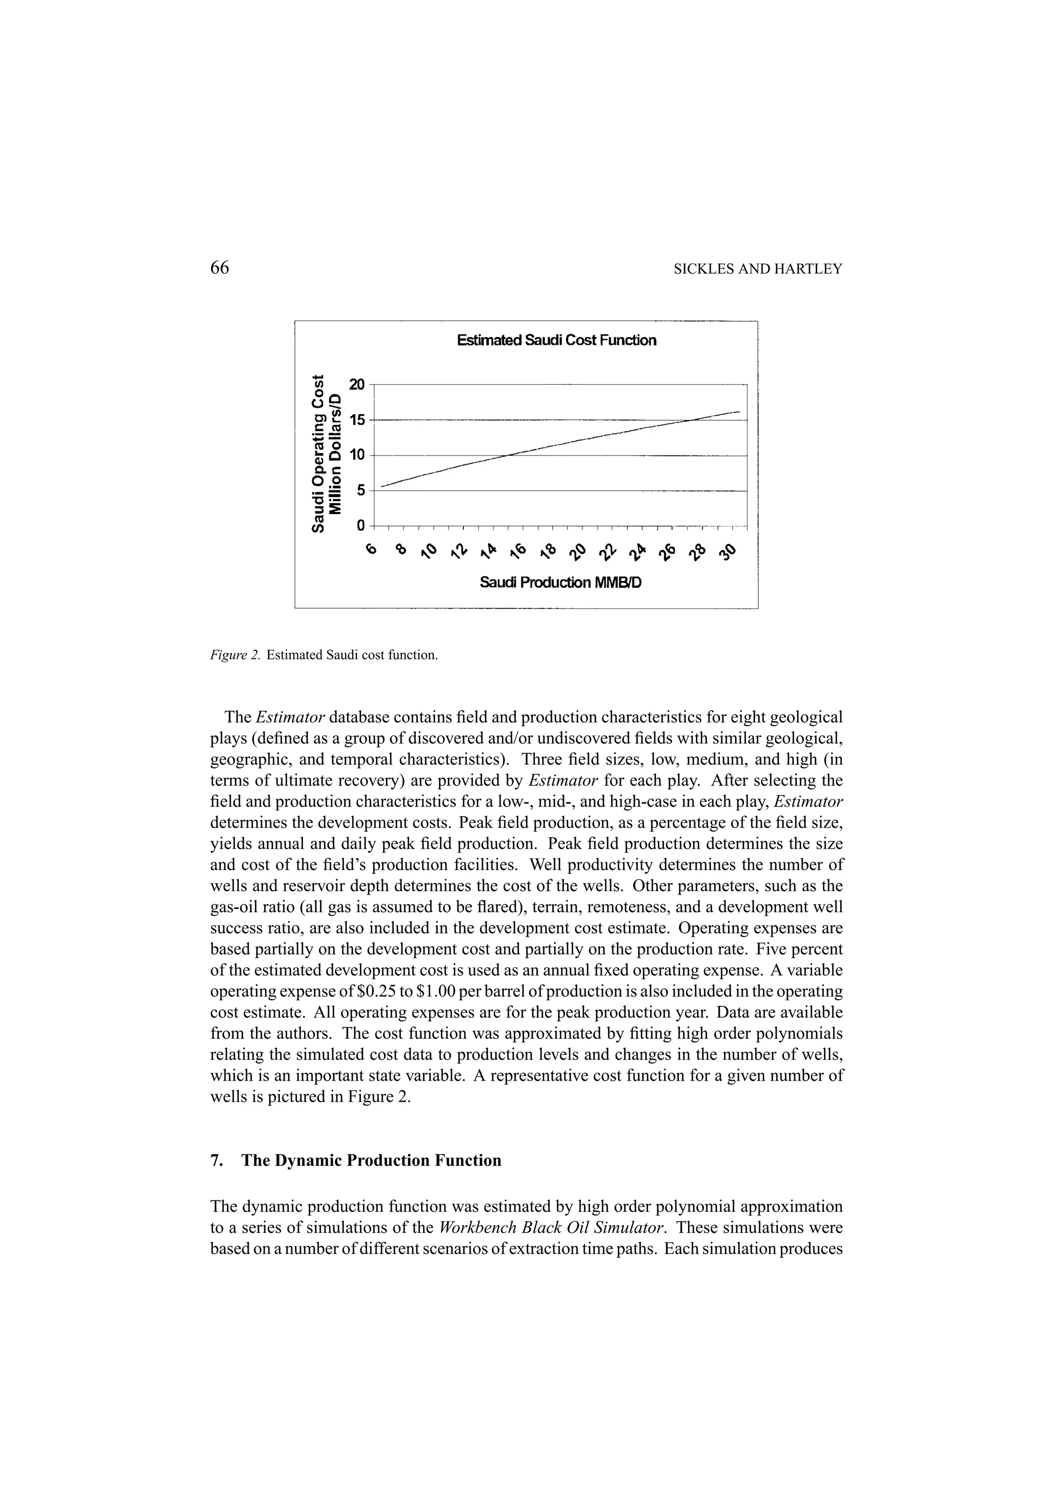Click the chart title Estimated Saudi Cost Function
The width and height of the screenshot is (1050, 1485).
(556, 340)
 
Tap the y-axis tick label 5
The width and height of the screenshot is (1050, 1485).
(360, 491)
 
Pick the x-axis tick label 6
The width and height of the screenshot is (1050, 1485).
(371, 550)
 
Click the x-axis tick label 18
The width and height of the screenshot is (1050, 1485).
(548, 551)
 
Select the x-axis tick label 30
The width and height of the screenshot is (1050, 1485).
(729, 551)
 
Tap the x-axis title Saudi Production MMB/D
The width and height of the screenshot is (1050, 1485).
(560, 583)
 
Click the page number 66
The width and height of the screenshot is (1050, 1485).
(220, 269)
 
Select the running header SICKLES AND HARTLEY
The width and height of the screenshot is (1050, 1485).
(758, 270)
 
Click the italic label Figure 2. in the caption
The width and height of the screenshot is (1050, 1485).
(235, 655)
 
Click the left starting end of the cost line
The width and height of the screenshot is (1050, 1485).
(382, 486)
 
